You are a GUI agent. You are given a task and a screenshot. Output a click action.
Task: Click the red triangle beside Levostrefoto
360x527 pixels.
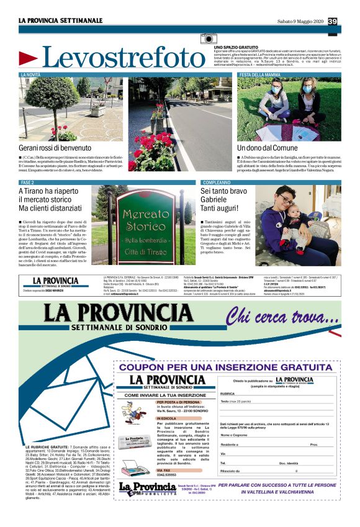[x=28, y=59]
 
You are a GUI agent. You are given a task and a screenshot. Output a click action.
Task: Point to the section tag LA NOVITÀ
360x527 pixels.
[x=32, y=74]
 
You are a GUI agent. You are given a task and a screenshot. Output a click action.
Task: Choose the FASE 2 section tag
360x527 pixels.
[x=28, y=182]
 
